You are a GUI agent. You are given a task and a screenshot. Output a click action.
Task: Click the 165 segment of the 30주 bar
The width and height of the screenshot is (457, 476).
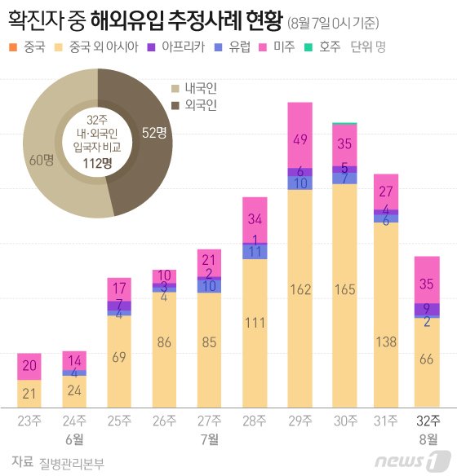click(x=344, y=289)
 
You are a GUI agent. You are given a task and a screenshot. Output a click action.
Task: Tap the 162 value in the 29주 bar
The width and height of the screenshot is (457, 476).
click(x=299, y=289)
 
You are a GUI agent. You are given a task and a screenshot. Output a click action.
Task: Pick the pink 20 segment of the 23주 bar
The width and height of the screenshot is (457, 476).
click(x=30, y=367)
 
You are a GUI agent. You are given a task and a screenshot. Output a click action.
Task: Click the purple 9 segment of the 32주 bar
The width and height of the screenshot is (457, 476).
click(x=427, y=309)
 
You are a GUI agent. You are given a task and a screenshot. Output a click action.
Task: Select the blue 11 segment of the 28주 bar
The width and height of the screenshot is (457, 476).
click(x=255, y=252)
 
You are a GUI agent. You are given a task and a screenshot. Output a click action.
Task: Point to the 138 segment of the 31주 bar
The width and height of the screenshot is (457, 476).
click(x=385, y=318)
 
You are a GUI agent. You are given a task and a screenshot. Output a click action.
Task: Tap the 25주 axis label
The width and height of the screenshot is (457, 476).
click(x=120, y=420)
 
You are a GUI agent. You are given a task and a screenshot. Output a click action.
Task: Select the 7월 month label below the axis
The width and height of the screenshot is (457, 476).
click(x=210, y=439)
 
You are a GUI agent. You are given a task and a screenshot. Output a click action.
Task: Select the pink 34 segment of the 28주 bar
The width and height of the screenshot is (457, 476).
click(x=255, y=219)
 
